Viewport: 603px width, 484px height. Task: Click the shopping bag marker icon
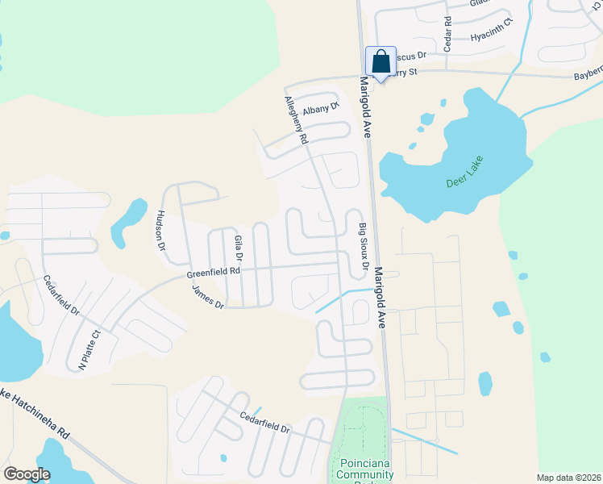click(x=381, y=61)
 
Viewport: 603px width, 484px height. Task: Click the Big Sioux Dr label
click(x=364, y=247)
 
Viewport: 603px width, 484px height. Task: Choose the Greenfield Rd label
click(x=214, y=273)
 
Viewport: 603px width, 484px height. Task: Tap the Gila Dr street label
click(x=238, y=249)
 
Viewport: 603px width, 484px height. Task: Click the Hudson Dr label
click(x=160, y=229)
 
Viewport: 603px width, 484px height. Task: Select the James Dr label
click(x=208, y=298)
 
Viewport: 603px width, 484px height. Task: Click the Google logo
click(x=27, y=474)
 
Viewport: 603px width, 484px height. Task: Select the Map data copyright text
click(x=568, y=478)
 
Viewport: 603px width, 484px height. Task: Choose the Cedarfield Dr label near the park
click(x=264, y=422)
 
